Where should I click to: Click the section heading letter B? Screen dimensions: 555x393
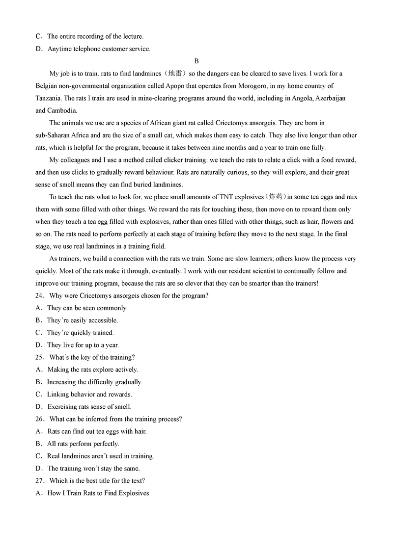196,61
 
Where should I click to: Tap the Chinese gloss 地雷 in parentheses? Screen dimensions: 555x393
175,74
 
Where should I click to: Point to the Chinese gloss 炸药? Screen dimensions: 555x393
274,197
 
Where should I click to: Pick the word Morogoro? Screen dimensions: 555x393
239,86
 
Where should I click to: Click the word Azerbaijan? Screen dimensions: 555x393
329,98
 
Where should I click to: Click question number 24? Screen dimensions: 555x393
40,295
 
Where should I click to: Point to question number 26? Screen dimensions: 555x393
40,419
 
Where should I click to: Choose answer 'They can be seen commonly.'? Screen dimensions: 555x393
87,308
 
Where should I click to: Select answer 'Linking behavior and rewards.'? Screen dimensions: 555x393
89,394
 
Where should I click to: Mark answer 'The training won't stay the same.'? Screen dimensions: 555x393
93,468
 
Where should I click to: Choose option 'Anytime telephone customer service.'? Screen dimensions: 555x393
99,49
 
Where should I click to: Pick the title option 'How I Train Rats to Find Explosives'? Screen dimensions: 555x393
98,493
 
